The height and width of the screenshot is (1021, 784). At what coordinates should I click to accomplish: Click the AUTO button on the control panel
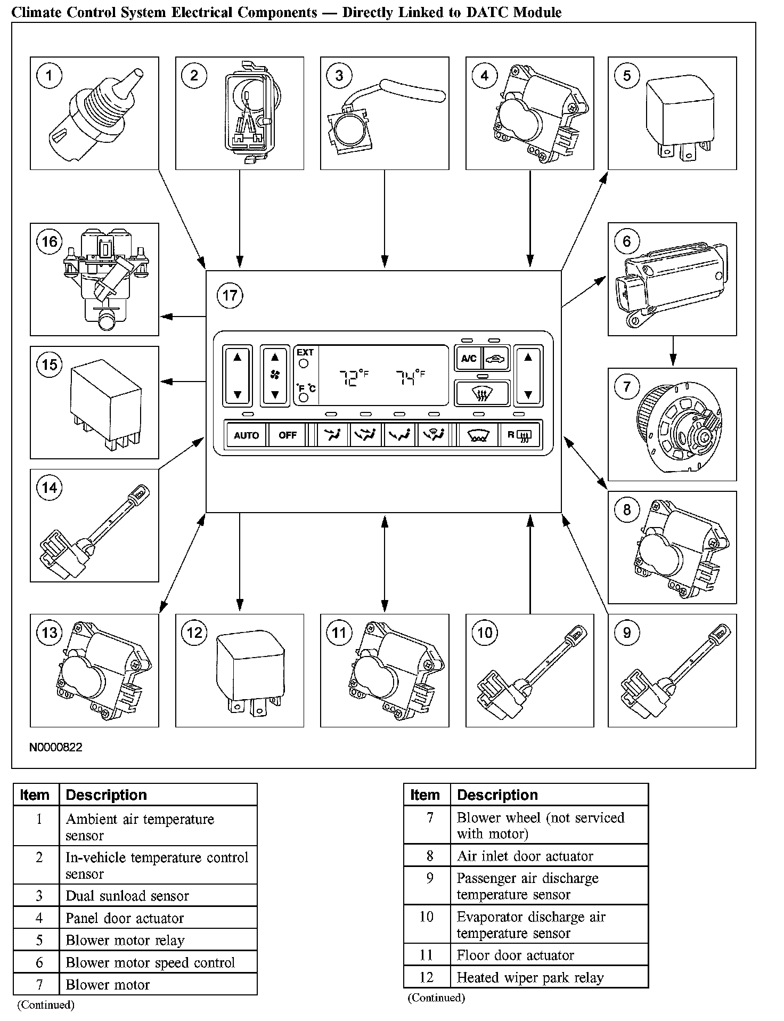246,435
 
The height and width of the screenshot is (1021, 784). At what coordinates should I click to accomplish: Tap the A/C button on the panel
469,358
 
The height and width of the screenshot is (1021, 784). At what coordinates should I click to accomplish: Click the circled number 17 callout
230,295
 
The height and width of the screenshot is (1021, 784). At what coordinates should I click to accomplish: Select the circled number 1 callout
49,75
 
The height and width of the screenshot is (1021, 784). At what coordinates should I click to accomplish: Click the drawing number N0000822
56,747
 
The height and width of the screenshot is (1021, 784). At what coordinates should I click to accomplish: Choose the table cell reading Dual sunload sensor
127,896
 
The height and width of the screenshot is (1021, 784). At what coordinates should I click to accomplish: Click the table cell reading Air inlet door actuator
525,856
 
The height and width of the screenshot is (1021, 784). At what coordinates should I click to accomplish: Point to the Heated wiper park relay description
530,977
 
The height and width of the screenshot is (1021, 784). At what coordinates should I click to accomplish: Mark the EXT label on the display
305,352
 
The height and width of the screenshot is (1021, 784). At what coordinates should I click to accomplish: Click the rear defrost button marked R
518,435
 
